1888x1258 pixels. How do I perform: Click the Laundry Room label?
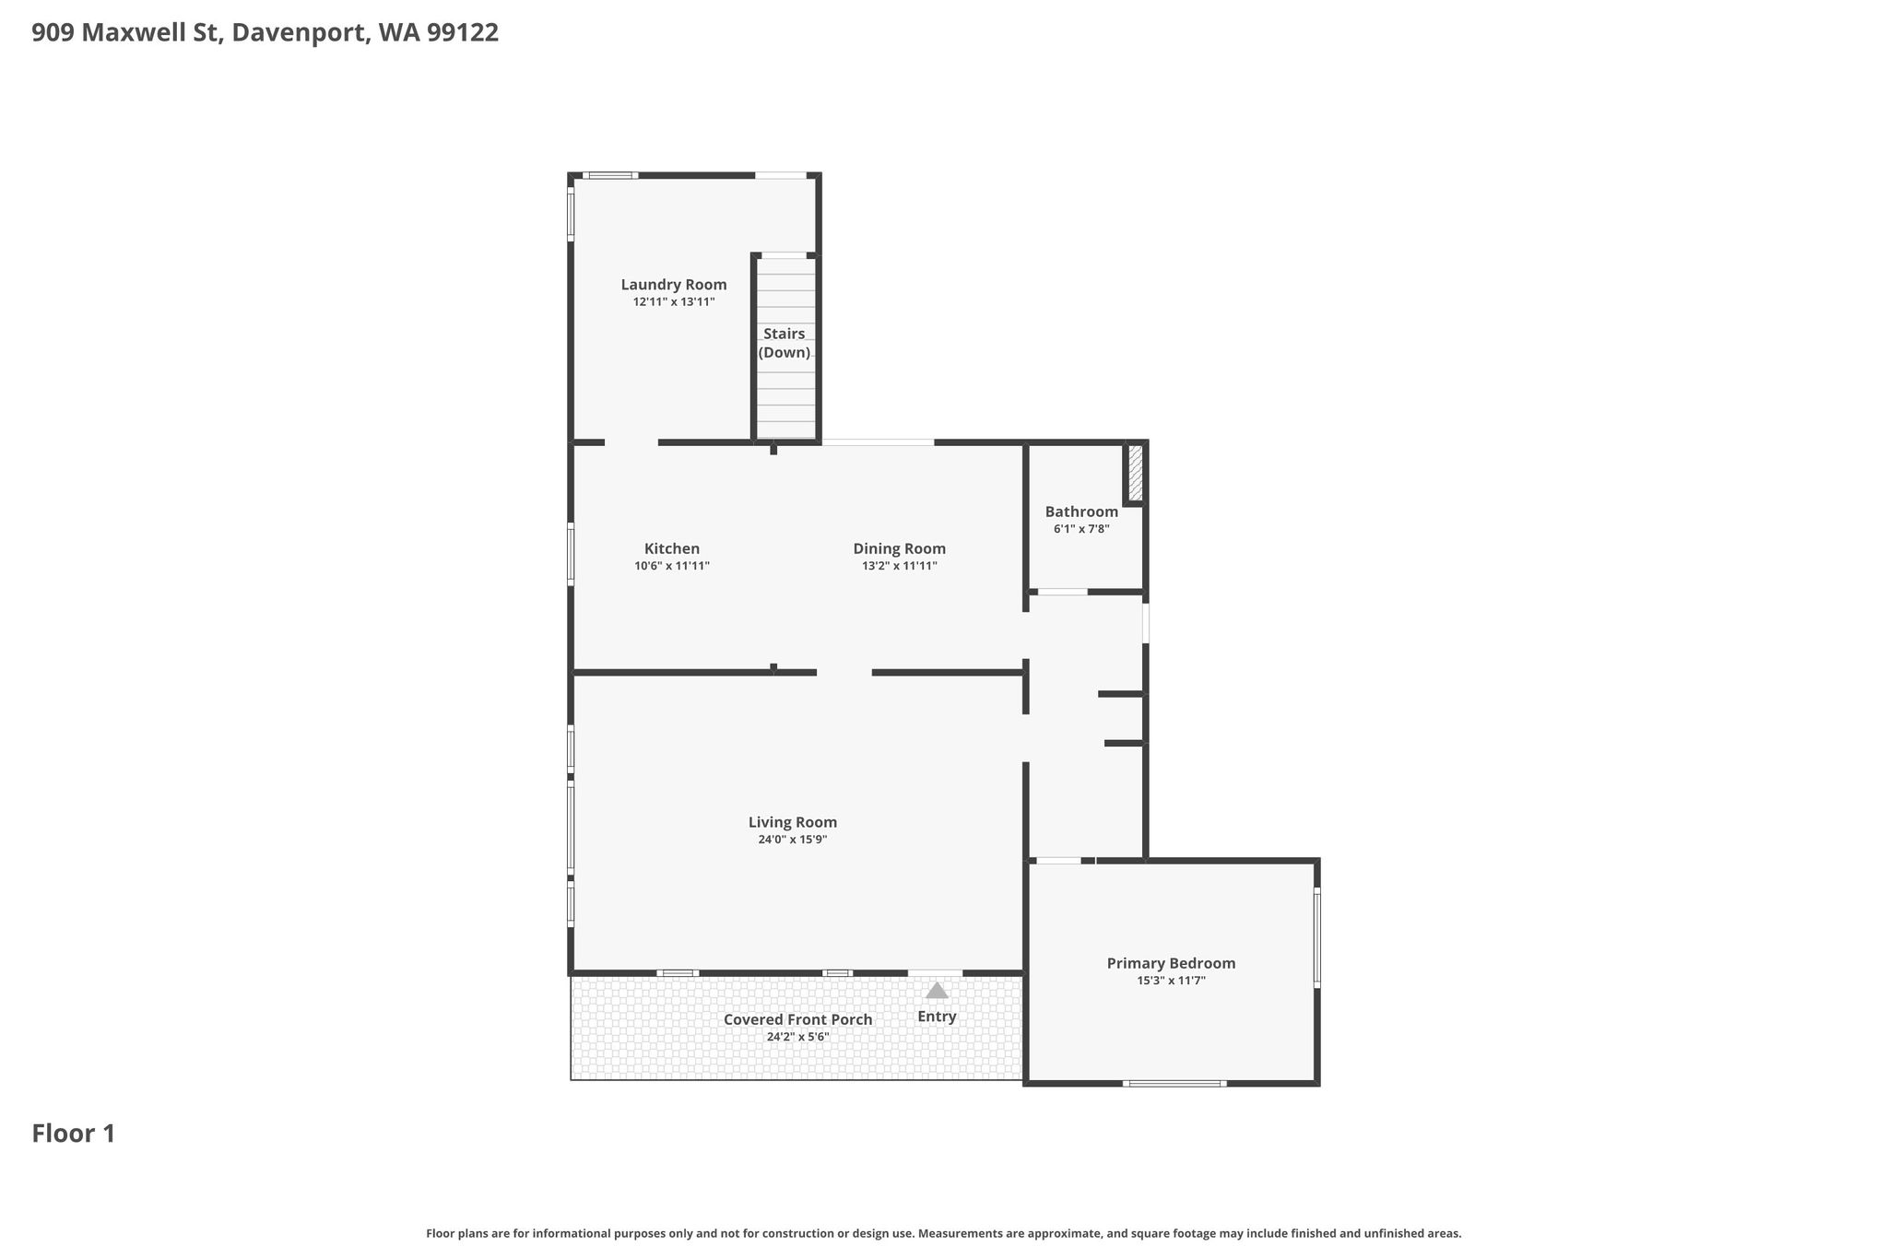674,285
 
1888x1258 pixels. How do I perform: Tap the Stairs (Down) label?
785,343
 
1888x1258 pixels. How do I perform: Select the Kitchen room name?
672,549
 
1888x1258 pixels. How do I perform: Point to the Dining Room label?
900,549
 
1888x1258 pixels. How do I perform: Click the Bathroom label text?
1081,511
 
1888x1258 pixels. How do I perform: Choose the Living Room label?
793,822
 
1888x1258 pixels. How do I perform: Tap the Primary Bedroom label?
1172,963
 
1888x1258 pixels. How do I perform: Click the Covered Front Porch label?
798,1019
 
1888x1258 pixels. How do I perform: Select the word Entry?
937,1017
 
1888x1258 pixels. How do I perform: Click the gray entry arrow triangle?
937,991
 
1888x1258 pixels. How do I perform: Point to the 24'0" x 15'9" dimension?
793,840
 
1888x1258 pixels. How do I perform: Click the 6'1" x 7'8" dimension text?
1081,529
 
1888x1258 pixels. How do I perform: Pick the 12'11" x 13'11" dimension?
674,302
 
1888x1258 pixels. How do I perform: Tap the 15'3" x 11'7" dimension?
1172,981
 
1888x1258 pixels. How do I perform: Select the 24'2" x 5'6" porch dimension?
798,1037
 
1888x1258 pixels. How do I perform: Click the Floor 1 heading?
74,1134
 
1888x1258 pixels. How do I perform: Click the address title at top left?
265,33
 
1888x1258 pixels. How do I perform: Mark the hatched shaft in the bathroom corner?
1136,474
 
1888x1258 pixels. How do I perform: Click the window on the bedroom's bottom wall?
1174,1084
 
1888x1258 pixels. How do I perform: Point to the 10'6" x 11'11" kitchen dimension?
672,567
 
